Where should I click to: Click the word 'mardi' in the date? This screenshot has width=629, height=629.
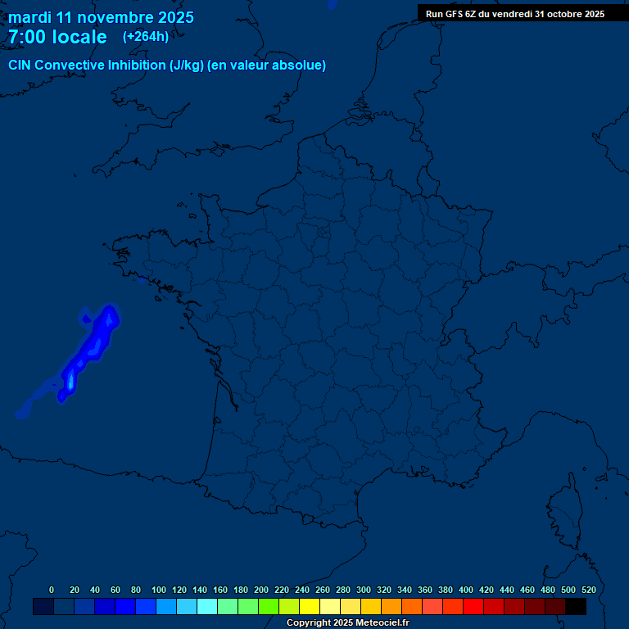tap(30, 17)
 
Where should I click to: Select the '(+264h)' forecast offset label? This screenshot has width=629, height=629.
tap(146, 36)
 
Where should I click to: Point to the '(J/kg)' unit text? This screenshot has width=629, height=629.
tap(187, 66)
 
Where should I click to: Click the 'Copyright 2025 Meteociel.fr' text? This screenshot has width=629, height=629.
tap(347, 623)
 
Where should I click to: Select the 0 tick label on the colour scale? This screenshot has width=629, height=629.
tap(52, 590)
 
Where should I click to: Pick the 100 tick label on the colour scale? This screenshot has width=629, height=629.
tap(159, 590)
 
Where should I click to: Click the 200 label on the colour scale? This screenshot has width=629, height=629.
tap(261, 590)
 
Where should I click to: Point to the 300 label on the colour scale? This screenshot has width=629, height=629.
tap(364, 590)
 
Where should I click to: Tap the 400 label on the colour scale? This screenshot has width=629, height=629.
tap(466, 590)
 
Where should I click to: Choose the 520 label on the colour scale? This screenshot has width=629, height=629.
tap(588, 590)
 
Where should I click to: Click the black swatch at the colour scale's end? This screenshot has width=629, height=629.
tap(576, 607)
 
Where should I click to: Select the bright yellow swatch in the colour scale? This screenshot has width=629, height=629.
tap(309, 607)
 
